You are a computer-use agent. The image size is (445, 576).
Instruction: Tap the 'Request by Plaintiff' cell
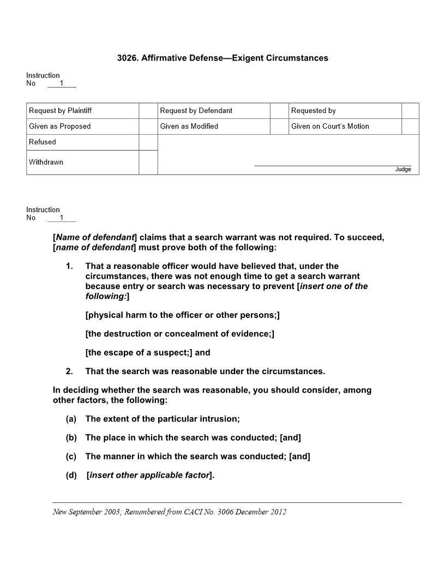(x=61, y=111)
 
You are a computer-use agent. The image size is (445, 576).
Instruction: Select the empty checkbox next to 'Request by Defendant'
(x=279, y=111)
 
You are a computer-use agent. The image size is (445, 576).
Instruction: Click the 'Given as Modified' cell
(x=189, y=127)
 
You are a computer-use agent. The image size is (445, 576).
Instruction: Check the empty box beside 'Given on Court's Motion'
(x=410, y=127)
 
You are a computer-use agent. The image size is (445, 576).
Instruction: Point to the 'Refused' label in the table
(x=43, y=142)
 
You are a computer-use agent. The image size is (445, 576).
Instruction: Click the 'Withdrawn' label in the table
(x=46, y=162)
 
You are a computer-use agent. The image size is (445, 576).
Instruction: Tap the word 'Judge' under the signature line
(x=403, y=170)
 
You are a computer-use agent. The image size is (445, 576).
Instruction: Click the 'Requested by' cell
(x=314, y=111)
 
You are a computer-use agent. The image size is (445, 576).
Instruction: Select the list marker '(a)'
(x=71, y=419)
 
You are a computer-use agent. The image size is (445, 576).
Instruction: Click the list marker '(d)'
(x=71, y=475)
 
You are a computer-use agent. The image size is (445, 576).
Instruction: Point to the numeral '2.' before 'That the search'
(x=69, y=371)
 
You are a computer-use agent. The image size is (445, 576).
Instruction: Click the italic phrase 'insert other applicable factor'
(x=149, y=475)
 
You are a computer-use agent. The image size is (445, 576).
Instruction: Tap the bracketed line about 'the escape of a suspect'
(x=148, y=352)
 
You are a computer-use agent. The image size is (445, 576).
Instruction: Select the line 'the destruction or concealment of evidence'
(x=179, y=334)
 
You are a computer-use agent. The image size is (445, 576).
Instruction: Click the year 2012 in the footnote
(x=279, y=512)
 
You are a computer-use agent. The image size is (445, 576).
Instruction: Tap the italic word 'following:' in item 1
(x=106, y=296)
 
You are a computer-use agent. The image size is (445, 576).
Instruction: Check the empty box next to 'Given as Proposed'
(x=148, y=127)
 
